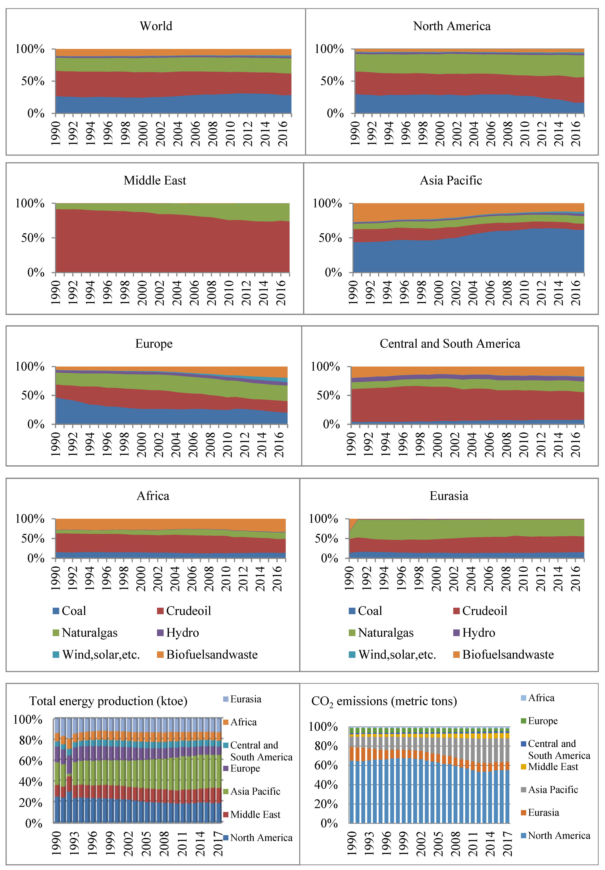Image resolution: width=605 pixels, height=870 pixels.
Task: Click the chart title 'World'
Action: coord(156,26)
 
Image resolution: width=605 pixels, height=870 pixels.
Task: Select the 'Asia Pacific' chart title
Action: coord(451,180)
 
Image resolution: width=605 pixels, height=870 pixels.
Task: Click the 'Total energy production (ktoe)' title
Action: coord(108,701)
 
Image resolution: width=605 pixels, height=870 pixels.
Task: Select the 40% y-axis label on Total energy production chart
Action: coord(30,782)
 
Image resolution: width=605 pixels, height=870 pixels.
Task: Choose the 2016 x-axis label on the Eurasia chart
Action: coord(575,578)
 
